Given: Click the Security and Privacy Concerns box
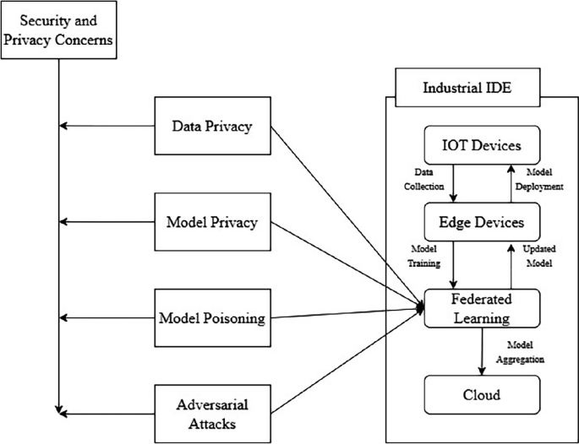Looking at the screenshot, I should pos(58,31).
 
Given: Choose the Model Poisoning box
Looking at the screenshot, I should pos(213,318).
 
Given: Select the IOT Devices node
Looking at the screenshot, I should pos(480,145).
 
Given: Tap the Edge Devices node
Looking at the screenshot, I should pos(480,222).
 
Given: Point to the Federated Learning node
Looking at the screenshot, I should pos(480,309).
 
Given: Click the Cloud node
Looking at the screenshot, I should pos(480,393).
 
